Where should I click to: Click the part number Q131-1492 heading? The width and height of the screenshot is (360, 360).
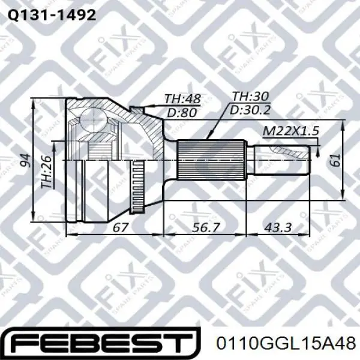pyautogui.click(x=52, y=16)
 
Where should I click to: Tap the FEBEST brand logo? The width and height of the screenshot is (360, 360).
pyautogui.click(x=101, y=343)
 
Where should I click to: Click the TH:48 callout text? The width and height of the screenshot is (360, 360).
pyautogui.click(x=182, y=99)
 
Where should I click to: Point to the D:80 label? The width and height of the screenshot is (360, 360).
pyautogui.click(x=182, y=113)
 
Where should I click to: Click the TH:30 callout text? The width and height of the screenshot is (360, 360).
pyautogui.click(x=250, y=97)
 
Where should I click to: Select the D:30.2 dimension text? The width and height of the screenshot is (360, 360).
pyautogui.click(x=250, y=110)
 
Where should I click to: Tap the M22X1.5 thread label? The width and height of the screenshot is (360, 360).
pyautogui.click(x=290, y=131)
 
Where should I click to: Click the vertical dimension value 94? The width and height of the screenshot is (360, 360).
pyautogui.click(x=25, y=161)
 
